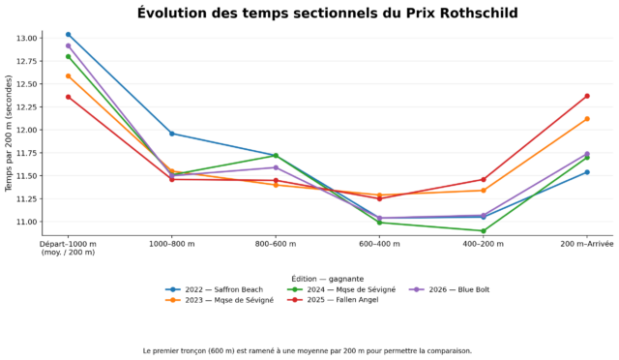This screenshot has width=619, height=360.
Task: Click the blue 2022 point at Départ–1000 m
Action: [x=69, y=35]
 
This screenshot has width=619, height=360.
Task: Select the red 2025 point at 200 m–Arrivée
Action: [x=587, y=96]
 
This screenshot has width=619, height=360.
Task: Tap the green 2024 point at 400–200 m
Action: [x=484, y=230]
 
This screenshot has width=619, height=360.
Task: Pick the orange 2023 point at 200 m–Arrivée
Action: [x=587, y=119]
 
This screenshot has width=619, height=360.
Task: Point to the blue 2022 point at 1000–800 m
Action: [x=172, y=134]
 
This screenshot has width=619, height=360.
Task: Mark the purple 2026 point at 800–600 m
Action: [x=276, y=167]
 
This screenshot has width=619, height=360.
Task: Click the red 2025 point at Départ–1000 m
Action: [x=69, y=97]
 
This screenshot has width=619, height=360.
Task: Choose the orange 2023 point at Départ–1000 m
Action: [x=69, y=75]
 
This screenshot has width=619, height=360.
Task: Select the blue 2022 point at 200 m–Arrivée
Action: [x=587, y=172]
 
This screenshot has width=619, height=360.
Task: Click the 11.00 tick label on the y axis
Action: [x=26, y=222]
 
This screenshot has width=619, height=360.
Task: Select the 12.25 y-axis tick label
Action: [x=26, y=107]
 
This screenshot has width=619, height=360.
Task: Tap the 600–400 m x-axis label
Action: [x=379, y=244]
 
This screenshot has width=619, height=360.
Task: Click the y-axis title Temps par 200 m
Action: [x=9, y=134]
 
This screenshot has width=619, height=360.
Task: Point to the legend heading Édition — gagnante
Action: [x=328, y=279]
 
